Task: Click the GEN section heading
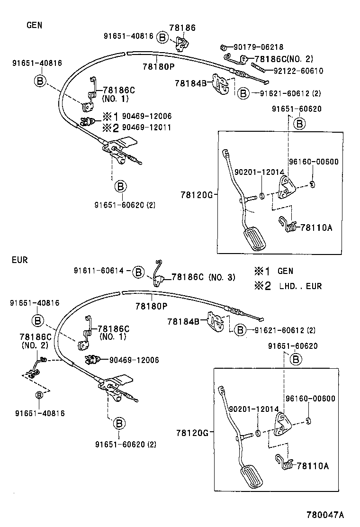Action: pos(34,25)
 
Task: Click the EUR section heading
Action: pos(20,260)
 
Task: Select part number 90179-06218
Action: pos(258,47)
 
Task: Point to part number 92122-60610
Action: pos(298,71)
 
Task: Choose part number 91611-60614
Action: pos(99,271)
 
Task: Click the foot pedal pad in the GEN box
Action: pos(254,238)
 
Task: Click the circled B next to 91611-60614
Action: pos(137,272)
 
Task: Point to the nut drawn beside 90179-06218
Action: pos(223,47)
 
